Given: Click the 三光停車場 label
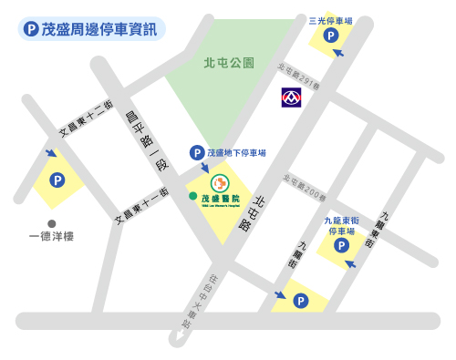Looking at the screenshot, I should (330, 18).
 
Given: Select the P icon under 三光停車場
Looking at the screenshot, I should (330, 36).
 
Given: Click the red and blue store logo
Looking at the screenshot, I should (292, 96).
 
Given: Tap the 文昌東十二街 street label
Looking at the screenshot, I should (86, 118).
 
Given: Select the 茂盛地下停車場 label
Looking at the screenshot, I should (235, 153).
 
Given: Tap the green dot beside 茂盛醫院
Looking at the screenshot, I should (192, 196).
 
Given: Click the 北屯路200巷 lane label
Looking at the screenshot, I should (305, 187).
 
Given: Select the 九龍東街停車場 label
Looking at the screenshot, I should (342, 225).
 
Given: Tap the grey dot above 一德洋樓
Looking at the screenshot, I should (52, 223).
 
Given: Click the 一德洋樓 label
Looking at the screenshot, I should (52, 237).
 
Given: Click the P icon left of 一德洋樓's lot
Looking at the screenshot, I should (57, 180).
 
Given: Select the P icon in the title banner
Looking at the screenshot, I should (32, 29).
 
